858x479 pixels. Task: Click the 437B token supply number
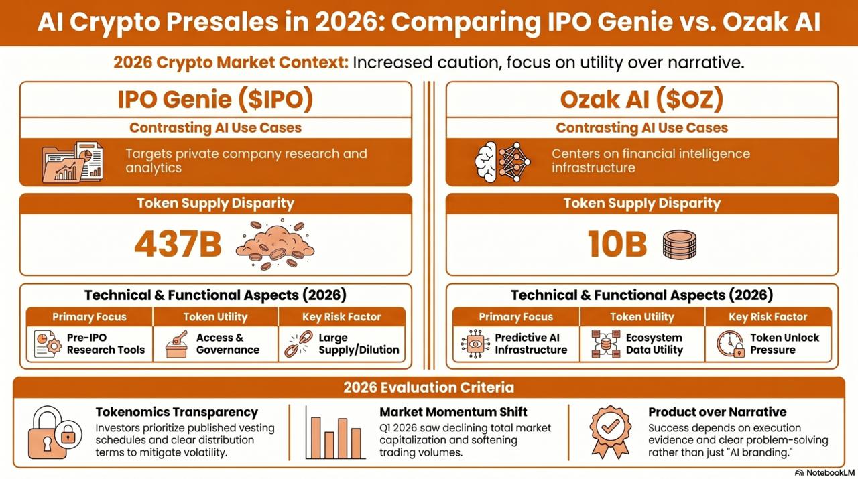pyautogui.click(x=178, y=244)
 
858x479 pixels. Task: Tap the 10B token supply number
pyautogui.click(x=617, y=244)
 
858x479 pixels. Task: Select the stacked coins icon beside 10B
pyautogui.click(x=680, y=245)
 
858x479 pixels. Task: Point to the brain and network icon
pyautogui.click(x=502, y=161)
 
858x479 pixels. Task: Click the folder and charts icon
pyautogui.click(x=72, y=161)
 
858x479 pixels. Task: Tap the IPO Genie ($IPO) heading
pyautogui.click(x=215, y=99)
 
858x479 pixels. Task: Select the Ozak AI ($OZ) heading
pyautogui.click(x=641, y=99)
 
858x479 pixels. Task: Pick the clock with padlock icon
pyautogui.click(x=731, y=344)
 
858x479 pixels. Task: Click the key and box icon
pyautogui.click(x=176, y=344)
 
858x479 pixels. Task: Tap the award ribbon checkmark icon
pyautogui.click(x=611, y=432)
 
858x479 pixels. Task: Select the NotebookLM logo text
pyautogui.click(x=824, y=473)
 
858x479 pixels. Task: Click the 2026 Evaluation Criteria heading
pyautogui.click(x=428, y=387)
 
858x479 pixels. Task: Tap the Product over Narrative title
pyautogui.click(x=717, y=412)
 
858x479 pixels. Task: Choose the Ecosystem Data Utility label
pyautogui.click(x=654, y=344)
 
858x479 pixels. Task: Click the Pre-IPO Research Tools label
pyautogui.click(x=106, y=344)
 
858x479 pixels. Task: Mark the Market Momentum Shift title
pyautogui.click(x=453, y=412)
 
